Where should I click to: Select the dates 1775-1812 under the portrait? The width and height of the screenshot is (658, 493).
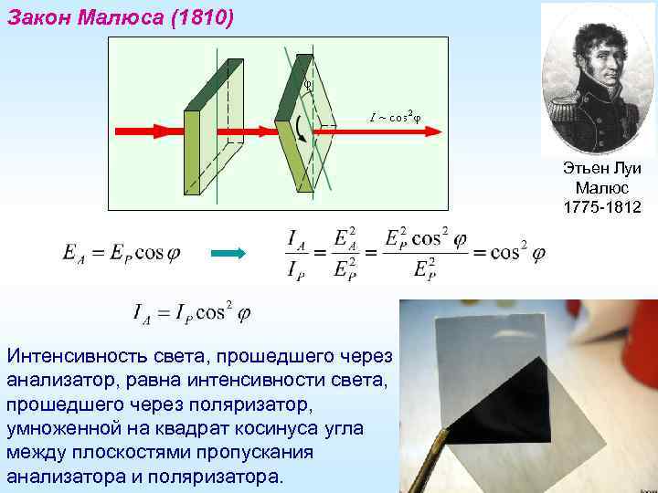[602, 208]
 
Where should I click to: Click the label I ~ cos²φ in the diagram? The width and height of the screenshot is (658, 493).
[395, 117]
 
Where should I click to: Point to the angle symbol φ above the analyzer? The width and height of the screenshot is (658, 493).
[308, 82]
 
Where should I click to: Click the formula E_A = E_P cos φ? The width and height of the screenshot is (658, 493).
[121, 253]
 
